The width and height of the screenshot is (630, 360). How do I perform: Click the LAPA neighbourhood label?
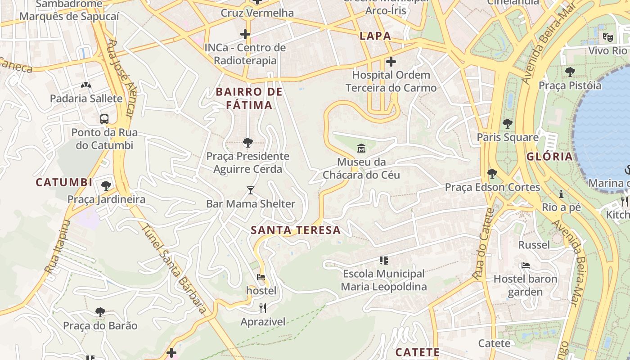click(375, 36)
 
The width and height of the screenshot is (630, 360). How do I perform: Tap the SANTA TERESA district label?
click(296, 230)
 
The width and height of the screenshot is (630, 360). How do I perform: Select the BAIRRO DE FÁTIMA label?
click(249, 99)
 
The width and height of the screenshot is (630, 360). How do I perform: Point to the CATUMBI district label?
click(64, 182)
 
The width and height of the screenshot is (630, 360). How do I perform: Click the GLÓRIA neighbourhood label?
click(549, 157)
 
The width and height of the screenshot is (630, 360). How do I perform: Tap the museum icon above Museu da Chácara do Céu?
click(361, 148)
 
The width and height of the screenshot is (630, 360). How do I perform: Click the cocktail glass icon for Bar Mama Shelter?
click(251, 190)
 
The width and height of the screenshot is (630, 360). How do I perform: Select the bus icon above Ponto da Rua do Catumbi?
click(104, 119)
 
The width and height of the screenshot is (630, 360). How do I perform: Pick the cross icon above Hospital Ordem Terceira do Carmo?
click(391, 61)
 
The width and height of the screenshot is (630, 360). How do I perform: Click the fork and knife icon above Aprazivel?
click(263, 308)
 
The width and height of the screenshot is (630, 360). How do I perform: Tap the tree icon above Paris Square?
click(508, 123)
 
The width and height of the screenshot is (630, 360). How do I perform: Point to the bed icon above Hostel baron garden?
click(525, 265)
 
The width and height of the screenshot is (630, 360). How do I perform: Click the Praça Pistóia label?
click(570, 85)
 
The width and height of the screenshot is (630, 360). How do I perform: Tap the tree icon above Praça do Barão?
click(100, 312)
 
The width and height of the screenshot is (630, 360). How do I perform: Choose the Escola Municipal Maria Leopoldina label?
click(384, 280)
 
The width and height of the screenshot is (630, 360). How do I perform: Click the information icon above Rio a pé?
click(561, 194)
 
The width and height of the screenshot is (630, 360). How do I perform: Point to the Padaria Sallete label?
click(86, 99)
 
